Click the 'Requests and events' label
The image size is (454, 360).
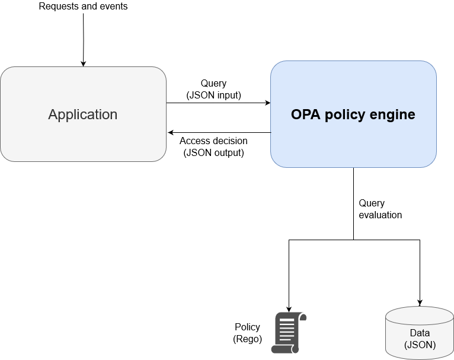coord(83,7)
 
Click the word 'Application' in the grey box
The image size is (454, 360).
coord(83,114)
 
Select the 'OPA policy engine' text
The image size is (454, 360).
coord(353,114)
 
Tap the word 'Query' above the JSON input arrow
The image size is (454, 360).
coord(213,84)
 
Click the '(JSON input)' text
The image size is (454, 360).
coord(213,95)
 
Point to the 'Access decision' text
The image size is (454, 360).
coord(213,141)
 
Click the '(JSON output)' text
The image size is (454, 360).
coord(213,152)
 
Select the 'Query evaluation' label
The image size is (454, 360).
coord(380,209)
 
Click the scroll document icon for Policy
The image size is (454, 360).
coord(288,333)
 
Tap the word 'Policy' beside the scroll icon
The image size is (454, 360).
coord(247,327)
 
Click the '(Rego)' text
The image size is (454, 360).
coord(247,339)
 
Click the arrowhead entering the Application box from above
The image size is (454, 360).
coord(83,63)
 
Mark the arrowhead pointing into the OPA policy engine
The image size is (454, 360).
coord(267,103)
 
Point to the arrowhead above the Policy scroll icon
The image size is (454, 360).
coord(289,308)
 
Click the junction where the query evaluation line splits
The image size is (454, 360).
coord(354,240)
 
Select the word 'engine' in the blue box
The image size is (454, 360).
coord(395,114)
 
